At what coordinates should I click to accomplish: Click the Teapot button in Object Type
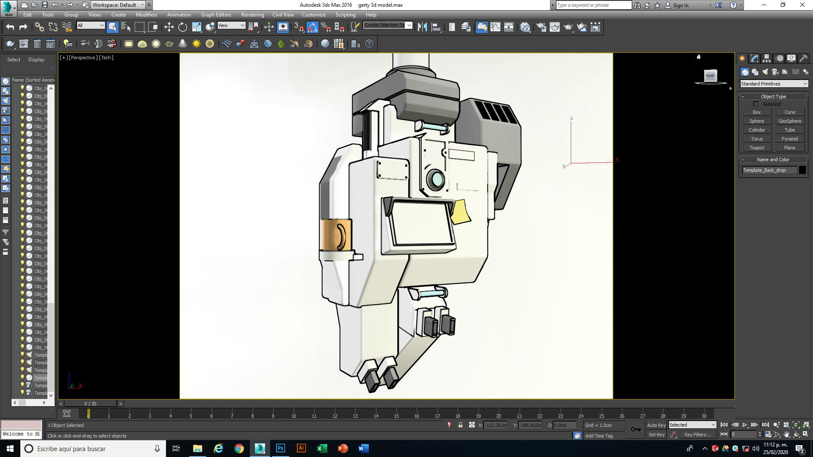[756, 148]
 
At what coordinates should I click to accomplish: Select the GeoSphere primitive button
[790, 121]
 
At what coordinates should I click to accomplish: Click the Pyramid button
[790, 139]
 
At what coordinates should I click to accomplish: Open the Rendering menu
[252, 15]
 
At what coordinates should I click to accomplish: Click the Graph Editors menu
[216, 15]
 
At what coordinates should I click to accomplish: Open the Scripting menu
[346, 15]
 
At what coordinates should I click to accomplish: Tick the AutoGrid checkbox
[756, 104]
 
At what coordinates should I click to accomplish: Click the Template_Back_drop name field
[769, 170]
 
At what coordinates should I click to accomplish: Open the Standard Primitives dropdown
[774, 84]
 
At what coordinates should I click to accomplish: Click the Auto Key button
[656, 425]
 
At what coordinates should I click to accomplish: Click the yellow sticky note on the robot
[460, 212]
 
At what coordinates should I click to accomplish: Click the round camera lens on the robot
[436, 179]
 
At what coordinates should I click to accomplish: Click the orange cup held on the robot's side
[336, 235]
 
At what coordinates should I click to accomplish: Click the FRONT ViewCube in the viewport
[710, 76]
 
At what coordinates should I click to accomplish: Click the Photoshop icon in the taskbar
[280, 449]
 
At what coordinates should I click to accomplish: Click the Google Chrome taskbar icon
[239, 449]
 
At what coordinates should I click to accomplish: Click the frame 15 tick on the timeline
[396, 415]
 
